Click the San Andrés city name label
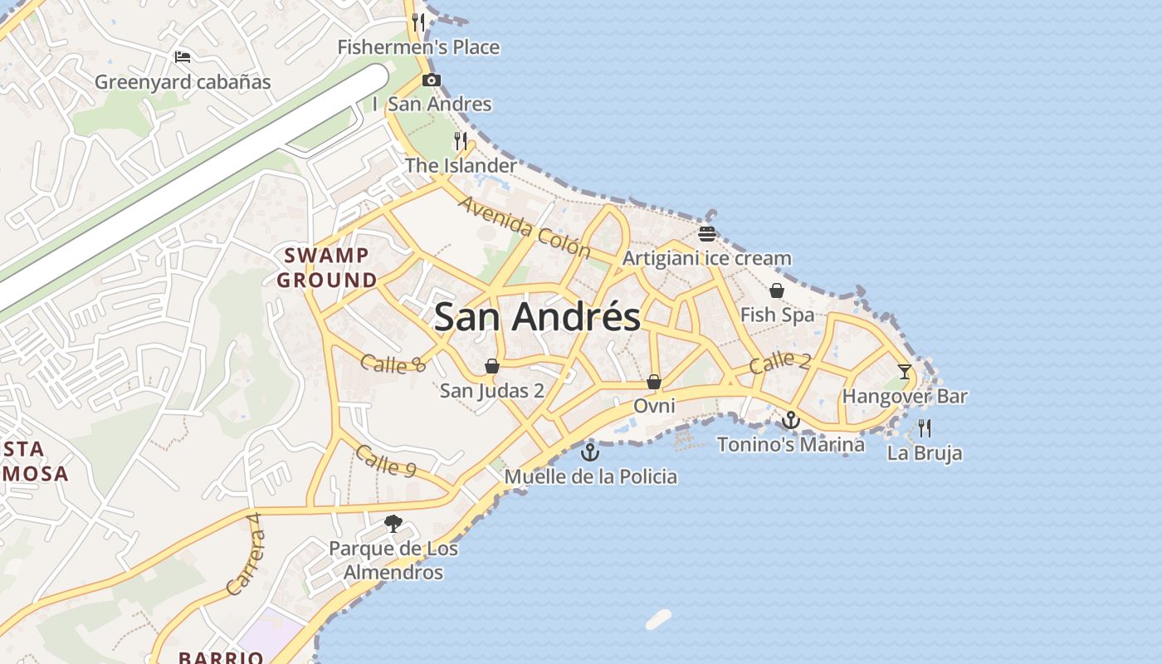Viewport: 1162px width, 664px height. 537,317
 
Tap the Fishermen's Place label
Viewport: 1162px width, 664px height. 418,47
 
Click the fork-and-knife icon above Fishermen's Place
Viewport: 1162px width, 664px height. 418,22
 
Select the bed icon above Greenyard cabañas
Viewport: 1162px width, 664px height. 183,57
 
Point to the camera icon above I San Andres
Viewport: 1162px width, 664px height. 432,81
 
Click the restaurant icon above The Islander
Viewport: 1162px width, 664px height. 461,140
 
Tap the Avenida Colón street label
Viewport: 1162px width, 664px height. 524,226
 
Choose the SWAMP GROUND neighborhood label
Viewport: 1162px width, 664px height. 327,267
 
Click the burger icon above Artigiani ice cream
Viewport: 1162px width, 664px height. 707,234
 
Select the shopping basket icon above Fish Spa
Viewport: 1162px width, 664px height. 777,290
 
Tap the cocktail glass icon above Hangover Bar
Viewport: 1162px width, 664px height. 905,371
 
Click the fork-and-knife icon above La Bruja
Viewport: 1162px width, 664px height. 925,428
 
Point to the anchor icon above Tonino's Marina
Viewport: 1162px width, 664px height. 791,420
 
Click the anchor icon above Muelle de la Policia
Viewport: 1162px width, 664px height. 589,452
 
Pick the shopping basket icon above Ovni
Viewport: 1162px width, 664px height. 654,382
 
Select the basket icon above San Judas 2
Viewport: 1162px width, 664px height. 492,366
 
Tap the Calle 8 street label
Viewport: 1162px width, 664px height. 393,363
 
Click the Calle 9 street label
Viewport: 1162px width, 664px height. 385,461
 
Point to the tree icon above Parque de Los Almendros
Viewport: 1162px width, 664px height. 393,524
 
